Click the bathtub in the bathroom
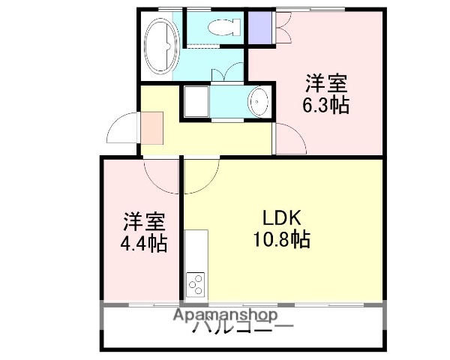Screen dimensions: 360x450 (161, 46)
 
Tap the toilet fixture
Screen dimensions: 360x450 (223, 28)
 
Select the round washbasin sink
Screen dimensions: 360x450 (258, 101)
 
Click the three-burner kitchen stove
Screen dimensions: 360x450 (196, 285)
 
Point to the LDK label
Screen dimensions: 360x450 (281, 218)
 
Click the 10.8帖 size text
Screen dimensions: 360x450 (281, 240)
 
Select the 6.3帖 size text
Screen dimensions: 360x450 (325, 105)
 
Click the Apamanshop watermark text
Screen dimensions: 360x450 (225, 316)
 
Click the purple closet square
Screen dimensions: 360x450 (260, 27)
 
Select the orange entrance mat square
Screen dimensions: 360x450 (151, 127)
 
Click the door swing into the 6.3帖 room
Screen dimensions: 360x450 (289, 139)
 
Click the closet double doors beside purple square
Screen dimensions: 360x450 (283, 28)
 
